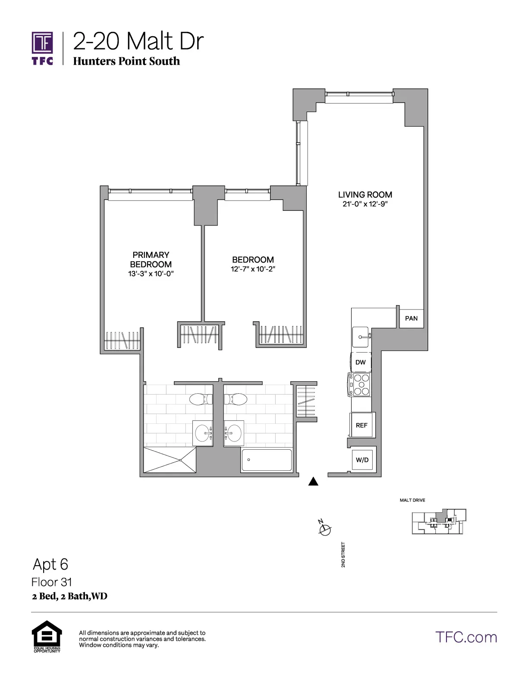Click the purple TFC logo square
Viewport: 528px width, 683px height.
tap(42, 43)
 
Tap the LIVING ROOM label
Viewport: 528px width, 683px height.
tap(365, 195)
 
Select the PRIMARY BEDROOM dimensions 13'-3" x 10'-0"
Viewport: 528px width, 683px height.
tap(151, 274)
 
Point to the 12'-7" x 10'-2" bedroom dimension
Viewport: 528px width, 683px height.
tap(253, 269)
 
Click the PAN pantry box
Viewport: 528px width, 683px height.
tap(411, 318)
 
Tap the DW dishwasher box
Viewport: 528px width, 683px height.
tap(361, 362)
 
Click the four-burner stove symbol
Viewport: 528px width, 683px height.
tap(360, 385)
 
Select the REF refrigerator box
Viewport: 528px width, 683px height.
tap(361, 425)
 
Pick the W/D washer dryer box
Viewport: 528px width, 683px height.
tap(362, 460)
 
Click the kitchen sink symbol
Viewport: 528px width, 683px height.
tap(361, 336)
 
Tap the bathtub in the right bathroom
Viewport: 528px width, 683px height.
tap(266, 460)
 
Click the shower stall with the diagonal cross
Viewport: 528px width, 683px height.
tap(170, 460)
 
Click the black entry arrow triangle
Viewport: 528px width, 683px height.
tap(314, 482)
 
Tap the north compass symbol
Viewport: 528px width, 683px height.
tap(325, 529)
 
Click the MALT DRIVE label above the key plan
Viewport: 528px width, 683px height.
tap(412, 500)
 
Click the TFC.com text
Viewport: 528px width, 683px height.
tap(466, 637)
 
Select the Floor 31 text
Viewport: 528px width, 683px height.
tap(52, 582)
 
